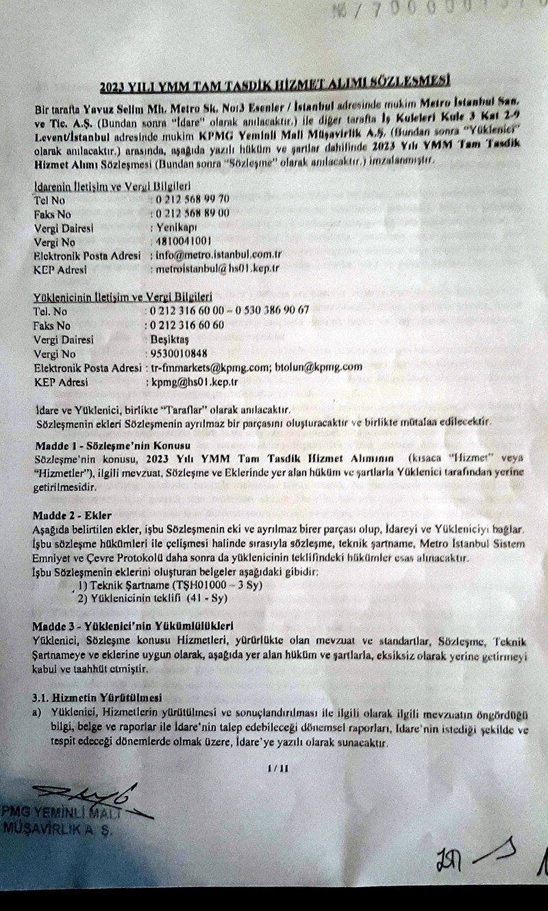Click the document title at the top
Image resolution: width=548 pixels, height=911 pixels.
[274, 85]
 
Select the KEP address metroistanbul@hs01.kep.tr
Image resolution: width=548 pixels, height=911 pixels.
[215, 269]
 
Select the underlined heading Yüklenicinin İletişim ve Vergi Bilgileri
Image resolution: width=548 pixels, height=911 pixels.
[123, 297]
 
